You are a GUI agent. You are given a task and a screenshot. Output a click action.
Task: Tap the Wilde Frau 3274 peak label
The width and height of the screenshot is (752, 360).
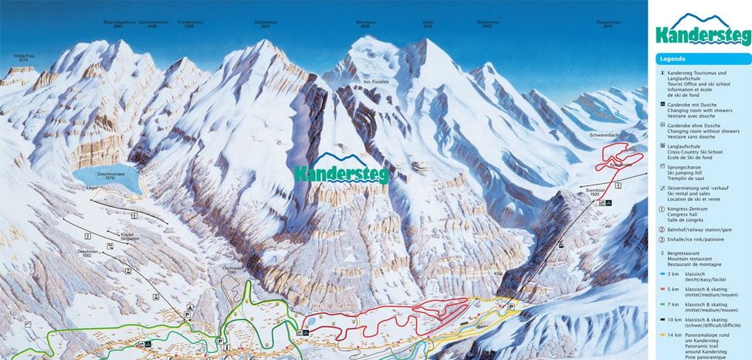pos(25,58)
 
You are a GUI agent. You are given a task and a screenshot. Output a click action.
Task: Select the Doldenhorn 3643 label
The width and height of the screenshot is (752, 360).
pos(266,24)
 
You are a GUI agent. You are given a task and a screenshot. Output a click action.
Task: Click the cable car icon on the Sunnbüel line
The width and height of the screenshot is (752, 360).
pos(560,246)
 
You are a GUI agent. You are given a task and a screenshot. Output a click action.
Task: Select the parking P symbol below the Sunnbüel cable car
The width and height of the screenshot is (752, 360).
pos(510,307)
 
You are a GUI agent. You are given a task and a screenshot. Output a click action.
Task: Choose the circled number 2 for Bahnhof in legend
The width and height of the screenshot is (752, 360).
pos(662,229)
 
